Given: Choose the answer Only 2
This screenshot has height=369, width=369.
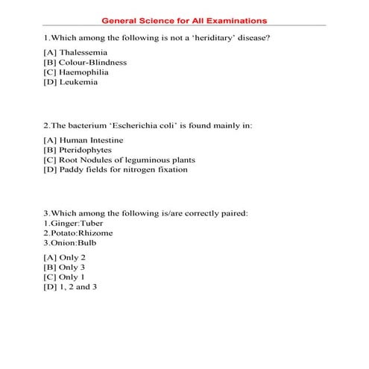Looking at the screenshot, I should tap(66, 257).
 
